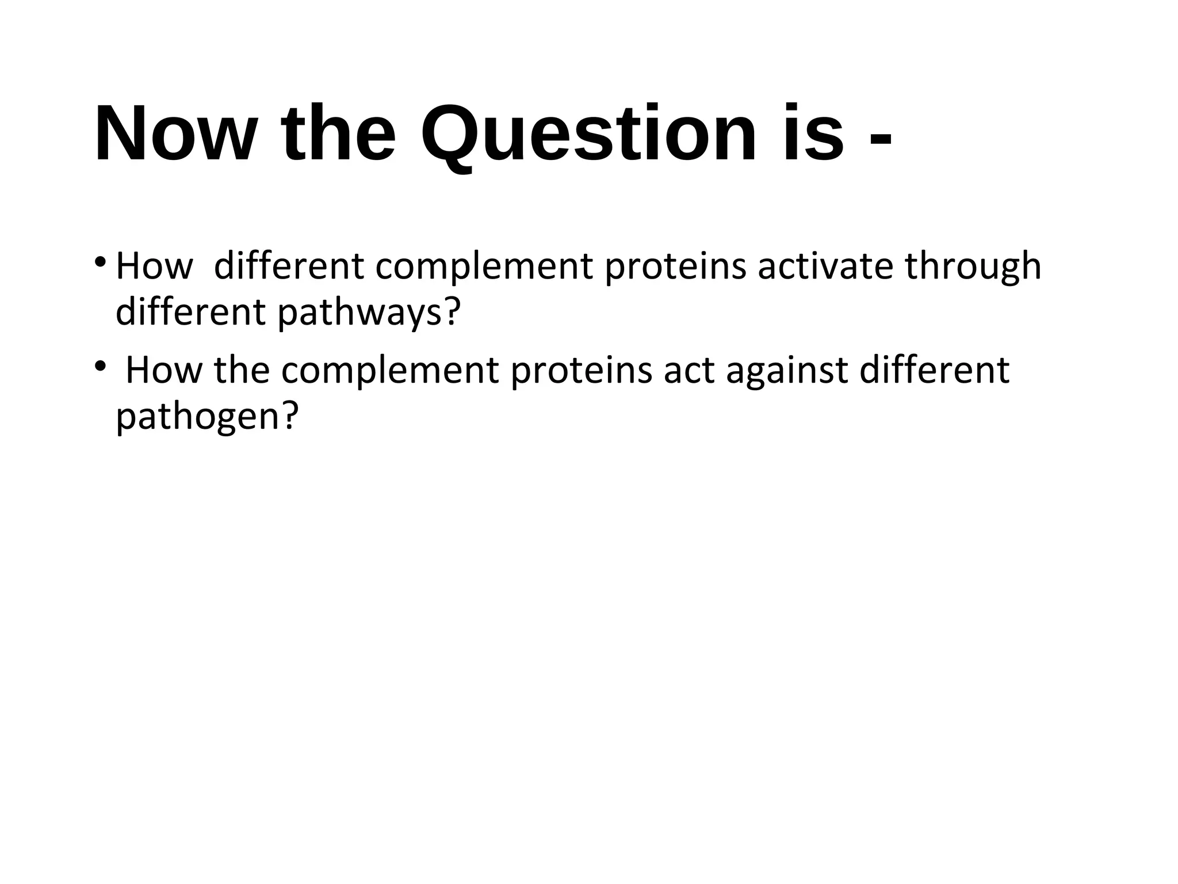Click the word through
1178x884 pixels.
tap(973, 267)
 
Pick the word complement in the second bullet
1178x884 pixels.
tap(389, 371)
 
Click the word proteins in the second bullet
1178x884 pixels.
tap(581, 371)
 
